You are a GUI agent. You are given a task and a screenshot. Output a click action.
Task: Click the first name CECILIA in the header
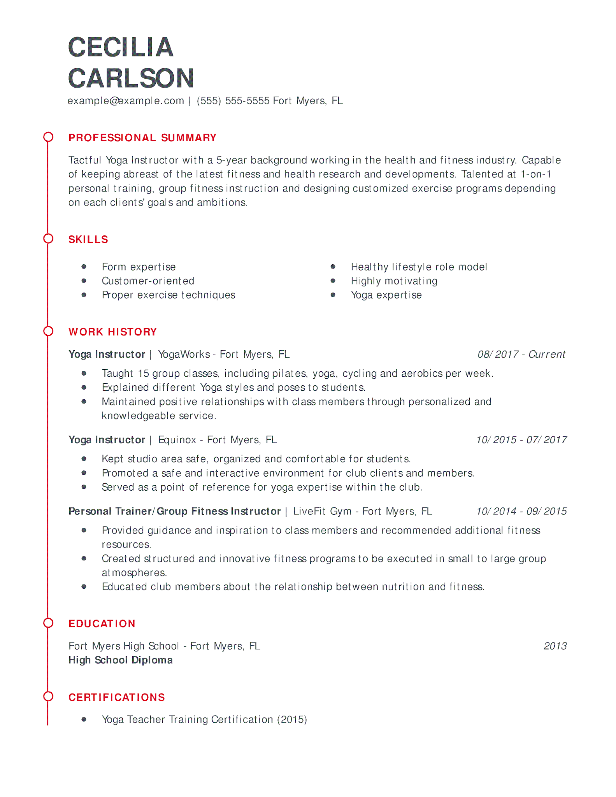tap(121, 47)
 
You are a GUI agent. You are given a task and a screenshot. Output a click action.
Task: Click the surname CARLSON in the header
tap(131, 79)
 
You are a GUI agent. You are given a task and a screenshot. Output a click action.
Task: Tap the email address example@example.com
tap(126, 101)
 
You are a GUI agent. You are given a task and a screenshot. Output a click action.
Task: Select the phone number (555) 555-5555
tap(233, 101)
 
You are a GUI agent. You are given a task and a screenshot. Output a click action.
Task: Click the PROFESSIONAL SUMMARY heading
tap(142, 138)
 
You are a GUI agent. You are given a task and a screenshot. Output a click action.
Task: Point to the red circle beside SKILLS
tap(48, 239)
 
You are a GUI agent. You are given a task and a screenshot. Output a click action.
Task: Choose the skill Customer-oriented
tap(148, 281)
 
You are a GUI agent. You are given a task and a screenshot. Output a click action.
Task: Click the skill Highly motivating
tap(394, 281)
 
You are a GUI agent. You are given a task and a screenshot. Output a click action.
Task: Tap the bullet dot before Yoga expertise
tap(333, 295)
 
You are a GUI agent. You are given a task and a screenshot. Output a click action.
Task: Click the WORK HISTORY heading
tap(112, 332)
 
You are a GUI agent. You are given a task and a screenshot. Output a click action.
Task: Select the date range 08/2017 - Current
tap(521, 355)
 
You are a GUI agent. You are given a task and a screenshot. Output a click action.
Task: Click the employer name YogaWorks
tap(184, 355)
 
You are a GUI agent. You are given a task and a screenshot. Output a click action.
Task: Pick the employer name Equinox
tap(177, 440)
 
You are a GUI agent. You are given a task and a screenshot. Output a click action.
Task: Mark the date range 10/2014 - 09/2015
tap(521, 511)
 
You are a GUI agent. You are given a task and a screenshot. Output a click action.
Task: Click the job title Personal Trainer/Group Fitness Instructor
tap(174, 511)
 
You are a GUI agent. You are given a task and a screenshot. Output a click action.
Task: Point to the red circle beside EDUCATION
tap(48, 623)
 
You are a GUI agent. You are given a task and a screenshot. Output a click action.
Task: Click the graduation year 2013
tap(555, 646)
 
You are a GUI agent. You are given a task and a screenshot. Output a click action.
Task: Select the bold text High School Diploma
tap(120, 660)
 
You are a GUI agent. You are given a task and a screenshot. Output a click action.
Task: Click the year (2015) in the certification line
tap(292, 720)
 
